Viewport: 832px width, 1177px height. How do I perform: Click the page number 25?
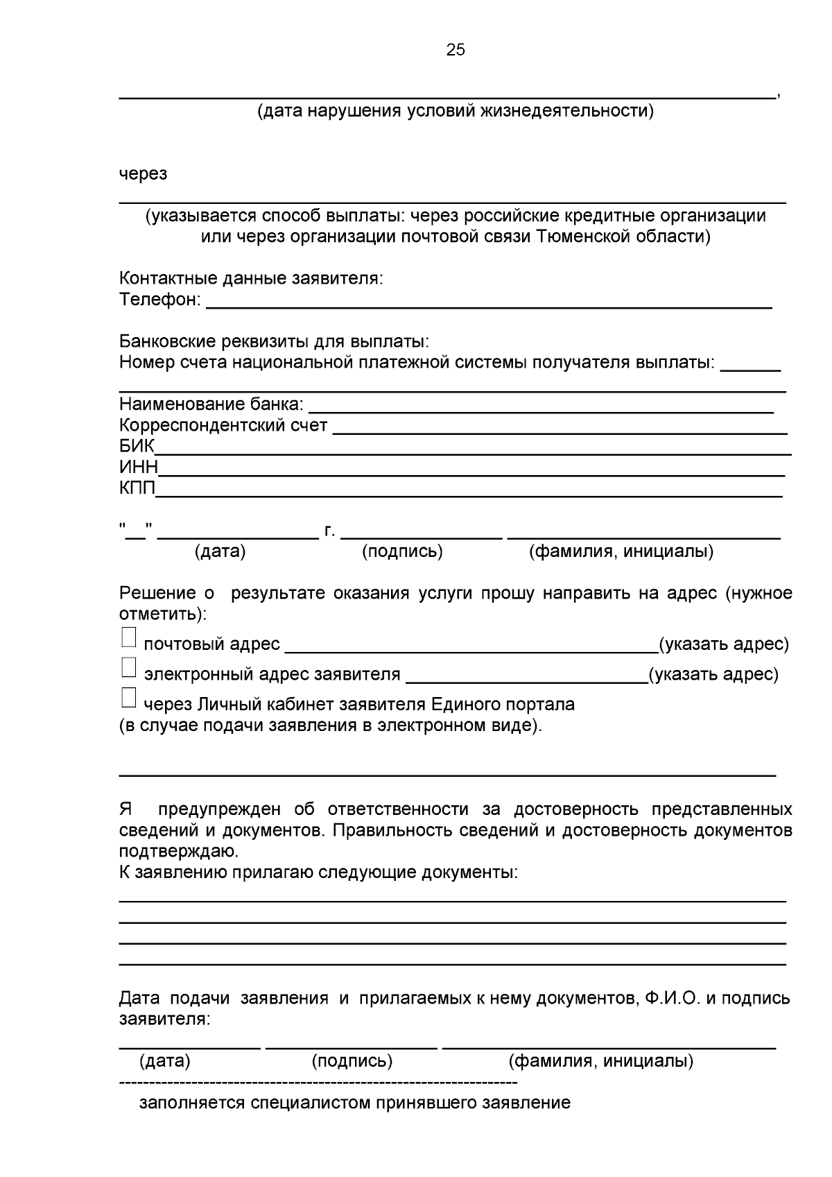pyautogui.click(x=456, y=49)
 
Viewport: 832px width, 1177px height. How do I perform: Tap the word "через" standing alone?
pyautogui.click(x=143, y=173)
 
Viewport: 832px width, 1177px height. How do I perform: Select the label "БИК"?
pyautogui.click(x=137, y=445)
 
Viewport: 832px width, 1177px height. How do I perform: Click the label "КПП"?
pyautogui.click(x=137, y=488)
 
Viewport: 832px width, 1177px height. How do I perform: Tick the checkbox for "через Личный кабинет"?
pyautogui.click(x=128, y=698)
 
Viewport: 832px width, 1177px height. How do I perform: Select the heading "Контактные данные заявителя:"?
pyautogui.click(x=251, y=279)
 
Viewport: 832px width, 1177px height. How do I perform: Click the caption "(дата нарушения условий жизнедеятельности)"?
pyautogui.click(x=456, y=111)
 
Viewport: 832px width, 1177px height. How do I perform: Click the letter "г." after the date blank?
pyautogui.click(x=329, y=531)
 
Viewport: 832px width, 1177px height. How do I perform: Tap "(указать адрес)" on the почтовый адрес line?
pyautogui.click(x=723, y=644)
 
